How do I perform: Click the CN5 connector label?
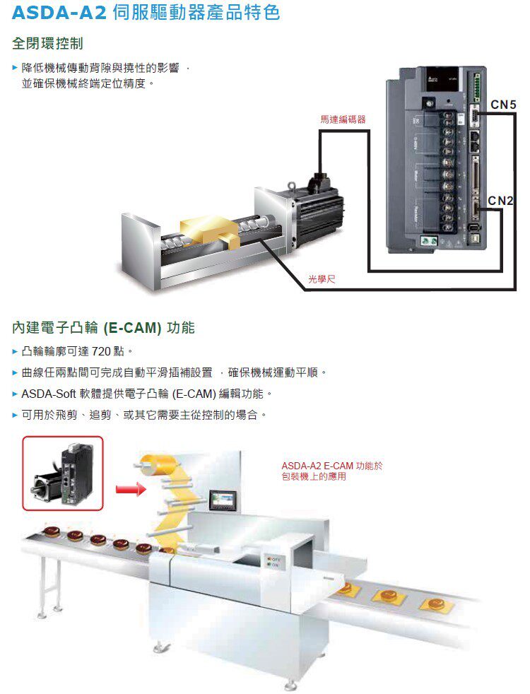tap(503, 105)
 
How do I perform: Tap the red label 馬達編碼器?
tap(343, 119)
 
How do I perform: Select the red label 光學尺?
tap(322, 281)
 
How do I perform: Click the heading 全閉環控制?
tap(48, 44)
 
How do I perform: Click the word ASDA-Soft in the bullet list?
tap(46, 393)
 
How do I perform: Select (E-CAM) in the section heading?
tap(132, 329)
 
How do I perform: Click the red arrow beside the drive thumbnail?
tap(129, 488)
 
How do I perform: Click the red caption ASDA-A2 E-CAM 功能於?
tap(331, 466)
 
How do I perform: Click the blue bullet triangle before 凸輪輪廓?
tap(16, 351)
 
